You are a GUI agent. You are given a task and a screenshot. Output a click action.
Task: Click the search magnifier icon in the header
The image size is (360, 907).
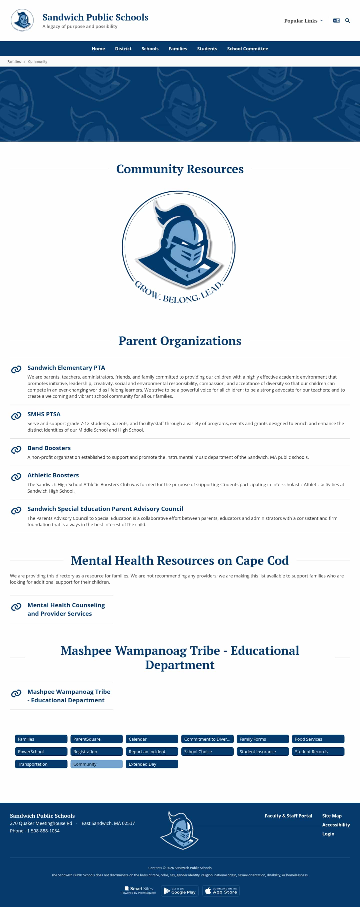(x=347, y=21)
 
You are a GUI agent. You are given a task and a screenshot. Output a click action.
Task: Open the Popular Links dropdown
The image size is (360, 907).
(x=303, y=21)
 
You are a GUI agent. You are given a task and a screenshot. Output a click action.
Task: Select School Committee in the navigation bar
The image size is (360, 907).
(x=247, y=49)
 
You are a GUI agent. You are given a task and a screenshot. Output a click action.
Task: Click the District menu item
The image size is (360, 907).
(x=123, y=49)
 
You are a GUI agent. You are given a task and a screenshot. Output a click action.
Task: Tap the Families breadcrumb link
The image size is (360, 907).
(x=14, y=62)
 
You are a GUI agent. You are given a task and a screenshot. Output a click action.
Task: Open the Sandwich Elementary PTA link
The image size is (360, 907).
(x=66, y=368)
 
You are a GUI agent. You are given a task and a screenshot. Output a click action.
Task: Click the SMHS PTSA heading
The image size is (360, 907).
(x=44, y=414)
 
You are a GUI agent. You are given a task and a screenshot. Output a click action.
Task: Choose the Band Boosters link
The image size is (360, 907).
(x=49, y=448)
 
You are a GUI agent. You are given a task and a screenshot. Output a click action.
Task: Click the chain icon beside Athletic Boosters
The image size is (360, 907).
(x=16, y=477)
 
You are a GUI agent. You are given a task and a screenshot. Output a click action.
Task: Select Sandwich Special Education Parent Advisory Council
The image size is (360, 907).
(x=105, y=509)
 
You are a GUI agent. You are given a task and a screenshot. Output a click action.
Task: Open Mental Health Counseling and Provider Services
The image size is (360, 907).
(x=66, y=609)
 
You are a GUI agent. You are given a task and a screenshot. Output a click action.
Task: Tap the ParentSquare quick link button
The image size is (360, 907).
(x=96, y=739)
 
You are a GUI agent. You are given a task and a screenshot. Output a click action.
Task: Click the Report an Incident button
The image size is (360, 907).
(x=152, y=751)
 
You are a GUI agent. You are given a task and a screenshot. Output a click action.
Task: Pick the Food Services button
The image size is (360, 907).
(x=318, y=739)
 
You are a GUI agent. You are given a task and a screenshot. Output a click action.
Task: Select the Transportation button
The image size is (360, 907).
(x=41, y=764)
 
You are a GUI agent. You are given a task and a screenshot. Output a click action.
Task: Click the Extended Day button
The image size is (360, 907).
(x=152, y=764)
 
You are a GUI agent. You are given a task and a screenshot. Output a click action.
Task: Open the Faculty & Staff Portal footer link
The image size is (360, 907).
(x=288, y=816)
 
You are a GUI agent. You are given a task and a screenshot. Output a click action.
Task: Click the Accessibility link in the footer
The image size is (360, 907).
(x=336, y=825)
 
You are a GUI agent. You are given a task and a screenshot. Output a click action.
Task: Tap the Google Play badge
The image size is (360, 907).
(x=180, y=891)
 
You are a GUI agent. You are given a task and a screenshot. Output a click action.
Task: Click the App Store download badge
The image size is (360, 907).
(x=221, y=891)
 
